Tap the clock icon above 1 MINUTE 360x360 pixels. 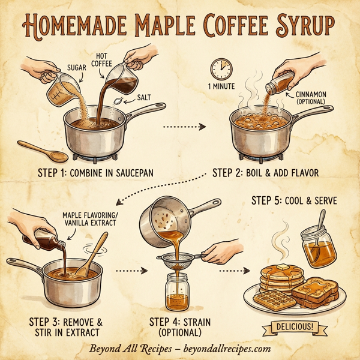[x=220, y=68]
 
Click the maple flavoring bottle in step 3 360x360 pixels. [x=45, y=242]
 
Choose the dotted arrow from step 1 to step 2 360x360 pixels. [x=184, y=127]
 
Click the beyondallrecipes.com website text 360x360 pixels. [x=224, y=349]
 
